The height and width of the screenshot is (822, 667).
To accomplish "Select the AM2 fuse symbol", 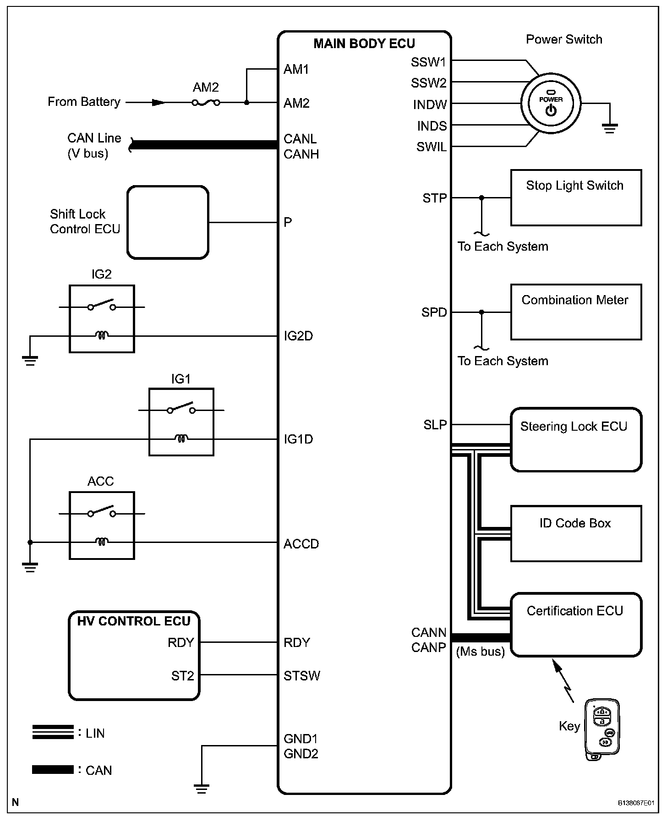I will click(206, 103).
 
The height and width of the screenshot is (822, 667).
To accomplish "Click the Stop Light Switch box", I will click(576, 197).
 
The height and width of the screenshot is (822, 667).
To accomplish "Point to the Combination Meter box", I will click(576, 312).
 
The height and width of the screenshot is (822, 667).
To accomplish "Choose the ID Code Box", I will click(576, 533).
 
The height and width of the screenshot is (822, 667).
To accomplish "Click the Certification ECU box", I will click(576, 625).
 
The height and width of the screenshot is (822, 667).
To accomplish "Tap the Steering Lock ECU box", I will click(576, 439).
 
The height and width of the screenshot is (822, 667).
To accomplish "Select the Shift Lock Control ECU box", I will click(168, 222).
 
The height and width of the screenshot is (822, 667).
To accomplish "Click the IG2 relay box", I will click(102, 319).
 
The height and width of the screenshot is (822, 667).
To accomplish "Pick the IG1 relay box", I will click(181, 422).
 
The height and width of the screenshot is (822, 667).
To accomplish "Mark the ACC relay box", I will click(102, 526).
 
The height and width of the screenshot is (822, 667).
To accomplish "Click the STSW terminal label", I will click(302, 676).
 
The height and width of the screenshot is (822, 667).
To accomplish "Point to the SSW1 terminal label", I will click(428, 62).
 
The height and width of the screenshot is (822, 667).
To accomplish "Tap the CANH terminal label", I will click(301, 154).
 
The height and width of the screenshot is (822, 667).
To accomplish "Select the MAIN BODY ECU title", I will click(364, 44).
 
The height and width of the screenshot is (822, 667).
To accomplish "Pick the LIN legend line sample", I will click(53, 732).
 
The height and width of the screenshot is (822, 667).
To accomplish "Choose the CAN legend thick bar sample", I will click(53, 770).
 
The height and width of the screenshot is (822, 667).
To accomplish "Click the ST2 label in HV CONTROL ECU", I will click(182, 676).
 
